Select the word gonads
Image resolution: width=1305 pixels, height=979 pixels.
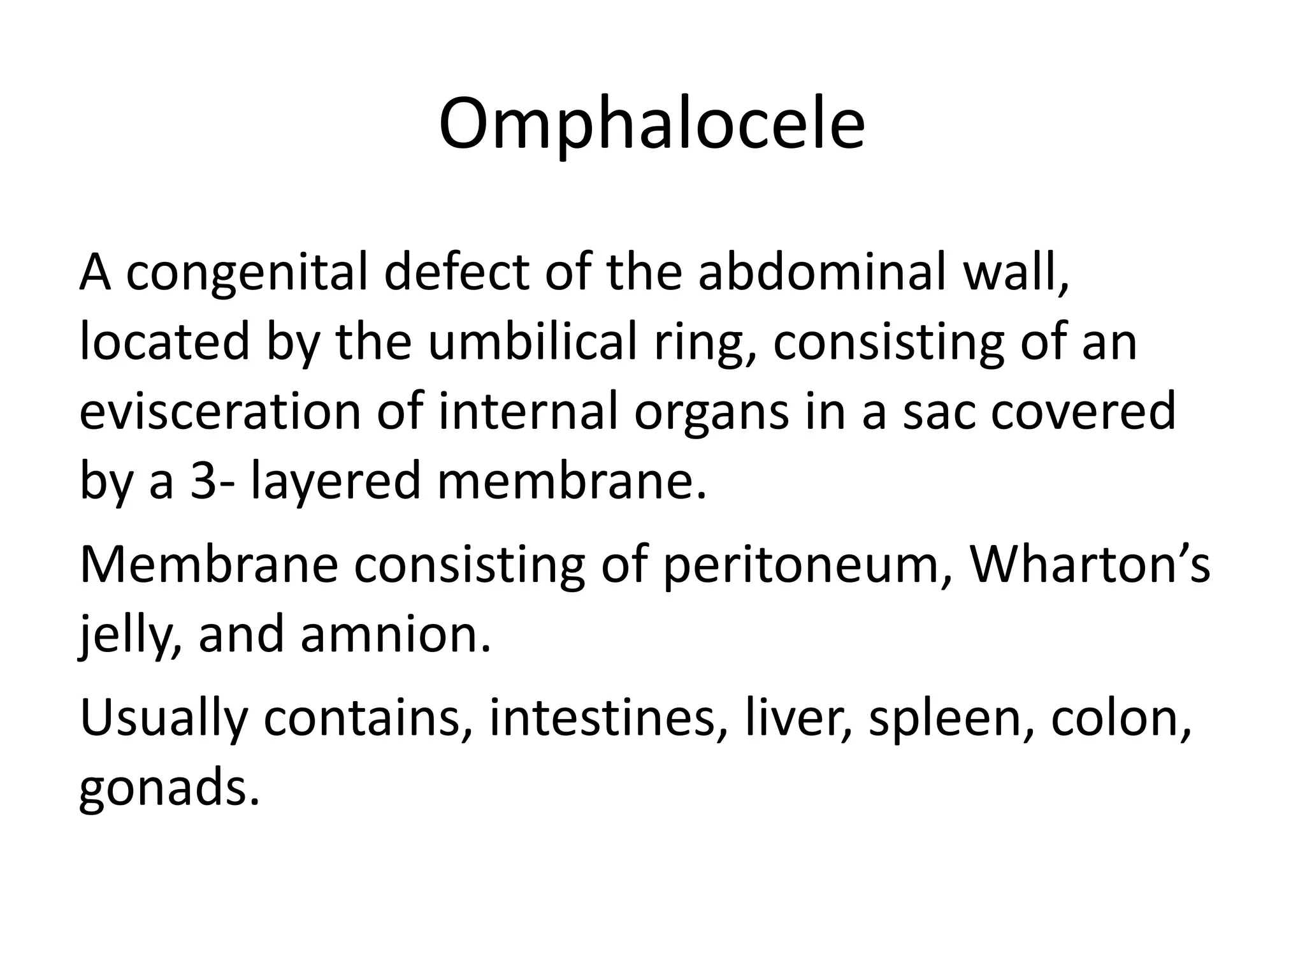[169, 788]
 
